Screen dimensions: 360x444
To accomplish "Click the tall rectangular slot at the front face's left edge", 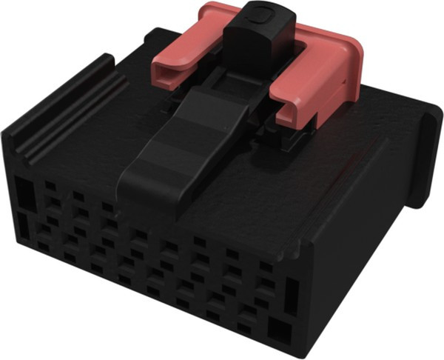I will [x=24, y=194].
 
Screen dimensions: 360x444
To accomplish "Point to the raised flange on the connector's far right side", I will [x=425, y=156].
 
